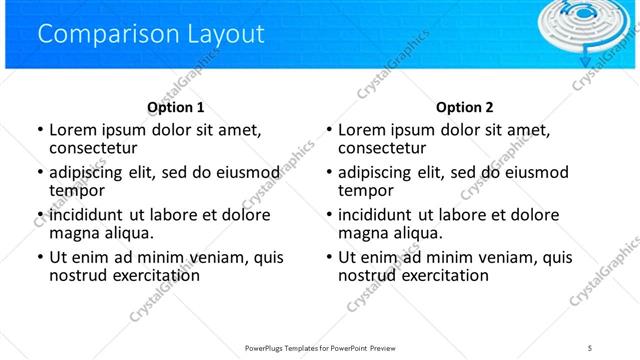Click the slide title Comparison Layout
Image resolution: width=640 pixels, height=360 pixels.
pyautogui.click(x=150, y=34)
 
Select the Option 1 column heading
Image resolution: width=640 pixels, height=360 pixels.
pyautogui.click(x=175, y=107)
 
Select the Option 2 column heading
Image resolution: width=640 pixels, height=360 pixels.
pyautogui.click(x=464, y=107)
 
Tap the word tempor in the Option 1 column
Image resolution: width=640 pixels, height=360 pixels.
pyautogui.click(x=77, y=191)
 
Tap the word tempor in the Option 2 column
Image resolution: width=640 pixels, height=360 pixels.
pyautogui.click(x=366, y=191)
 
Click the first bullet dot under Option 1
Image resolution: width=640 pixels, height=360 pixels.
pyautogui.click(x=39, y=130)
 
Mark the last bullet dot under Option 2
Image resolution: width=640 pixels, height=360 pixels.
pyautogui.click(x=329, y=257)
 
